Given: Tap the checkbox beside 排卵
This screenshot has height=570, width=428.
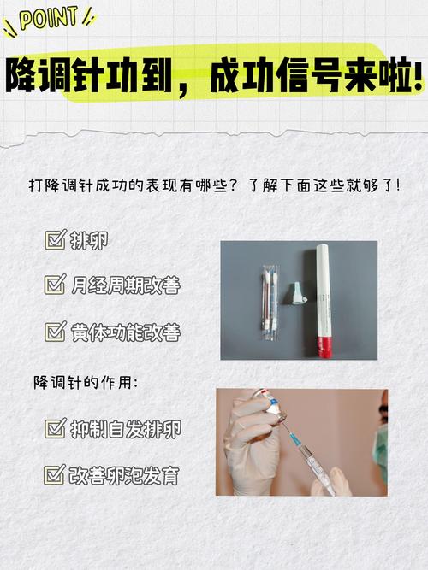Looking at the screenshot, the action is (56, 239).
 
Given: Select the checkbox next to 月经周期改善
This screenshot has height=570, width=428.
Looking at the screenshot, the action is (56, 285).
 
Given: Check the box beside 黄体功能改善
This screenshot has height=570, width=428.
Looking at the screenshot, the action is (56, 332).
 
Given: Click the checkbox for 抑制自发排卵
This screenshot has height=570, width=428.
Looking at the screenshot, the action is (56, 428).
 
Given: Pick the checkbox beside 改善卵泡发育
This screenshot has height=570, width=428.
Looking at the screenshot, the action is (55, 474).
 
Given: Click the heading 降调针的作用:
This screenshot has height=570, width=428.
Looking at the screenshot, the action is (86, 383).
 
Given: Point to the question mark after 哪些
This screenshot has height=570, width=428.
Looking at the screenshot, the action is (235, 185).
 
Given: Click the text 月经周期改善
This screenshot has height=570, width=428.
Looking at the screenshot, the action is (126, 285).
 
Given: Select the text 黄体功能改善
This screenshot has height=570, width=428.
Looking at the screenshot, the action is (126, 332).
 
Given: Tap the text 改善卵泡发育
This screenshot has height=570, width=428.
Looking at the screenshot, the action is (124, 475).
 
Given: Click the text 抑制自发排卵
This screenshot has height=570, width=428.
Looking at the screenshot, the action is (126, 428).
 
